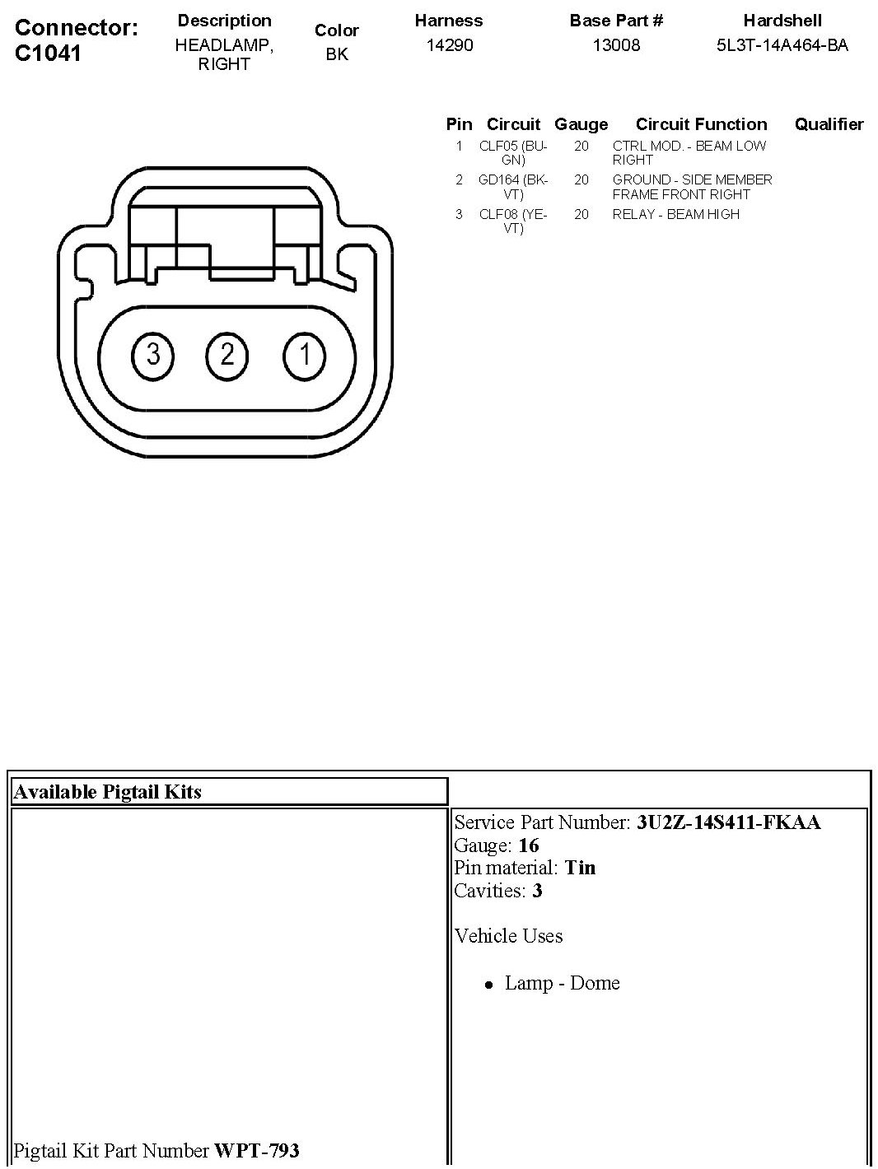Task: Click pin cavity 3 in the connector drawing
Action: point(153,355)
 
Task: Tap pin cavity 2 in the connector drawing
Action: point(227,355)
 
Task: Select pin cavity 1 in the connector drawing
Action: point(305,355)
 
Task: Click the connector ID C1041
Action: point(49,54)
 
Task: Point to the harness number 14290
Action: point(450,45)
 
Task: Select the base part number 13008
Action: point(616,45)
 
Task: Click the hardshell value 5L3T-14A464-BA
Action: point(782,45)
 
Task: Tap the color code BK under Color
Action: point(337,54)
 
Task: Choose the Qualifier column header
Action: point(829,124)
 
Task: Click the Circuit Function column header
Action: point(701,124)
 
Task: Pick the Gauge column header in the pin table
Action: point(581,124)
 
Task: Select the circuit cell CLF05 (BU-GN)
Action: point(513,153)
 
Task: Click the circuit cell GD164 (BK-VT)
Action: point(513,187)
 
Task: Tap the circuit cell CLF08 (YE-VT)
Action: point(513,221)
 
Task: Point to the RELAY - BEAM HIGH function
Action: point(675,214)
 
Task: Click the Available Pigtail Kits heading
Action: point(108,792)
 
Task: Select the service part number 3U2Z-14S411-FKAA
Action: point(728,822)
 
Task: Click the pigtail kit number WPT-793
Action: point(256,1150)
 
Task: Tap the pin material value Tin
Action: point(580,868)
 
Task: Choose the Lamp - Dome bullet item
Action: point(562,983)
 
